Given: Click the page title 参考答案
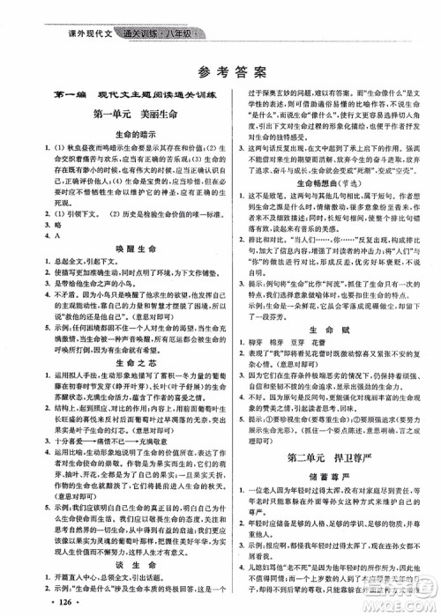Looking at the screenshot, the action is point(220,70).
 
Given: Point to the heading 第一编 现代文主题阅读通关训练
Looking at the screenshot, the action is point(114,94).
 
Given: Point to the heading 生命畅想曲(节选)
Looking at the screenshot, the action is point(328,200).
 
